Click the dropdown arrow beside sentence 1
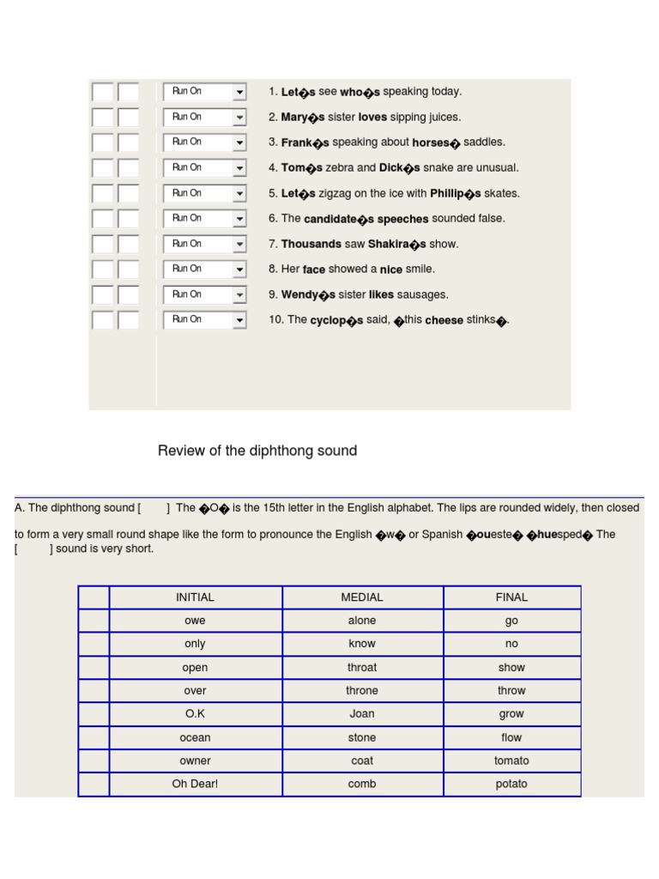[239, 92]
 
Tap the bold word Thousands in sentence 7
[311, 245]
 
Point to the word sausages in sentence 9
[423, 295]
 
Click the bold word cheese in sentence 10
[444, 320]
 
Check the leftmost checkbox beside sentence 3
[102, 142]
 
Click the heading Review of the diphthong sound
[257, 451]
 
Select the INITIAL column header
[195, 597]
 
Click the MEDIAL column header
[362, 597]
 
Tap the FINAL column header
[511, 597]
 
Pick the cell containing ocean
[195, 737]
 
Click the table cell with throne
[362, 691]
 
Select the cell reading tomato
[511, 761]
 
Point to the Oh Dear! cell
[195, 784]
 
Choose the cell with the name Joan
[362, 714]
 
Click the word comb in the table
[362, 784]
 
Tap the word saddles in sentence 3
[484, 142]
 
